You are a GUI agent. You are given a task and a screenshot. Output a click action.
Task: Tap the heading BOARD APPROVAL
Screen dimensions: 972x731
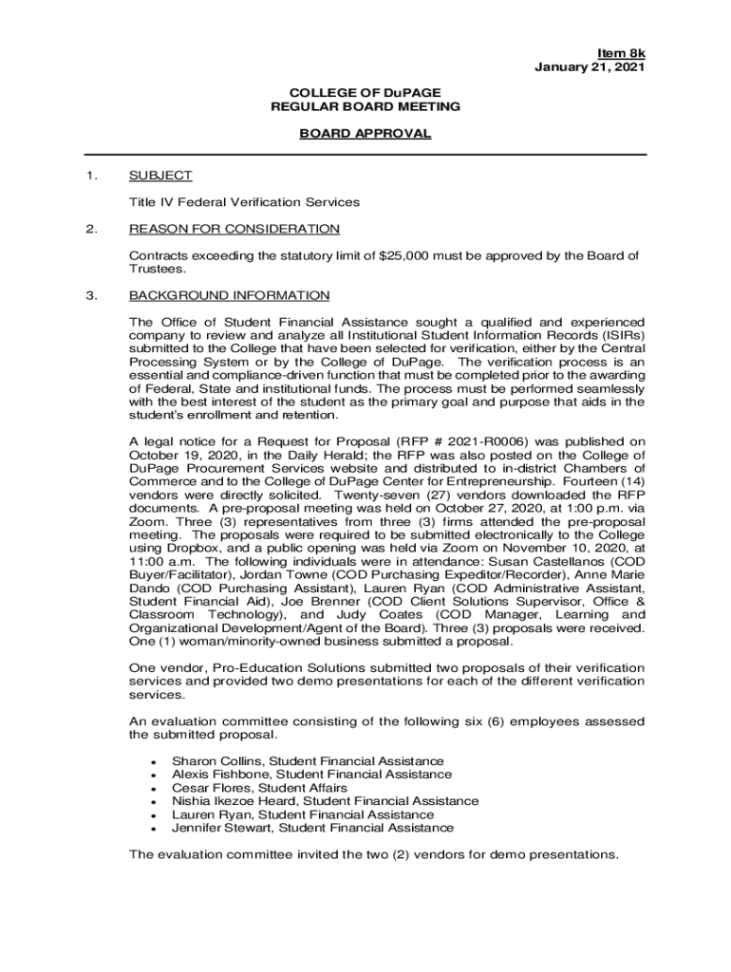(x=365, y=134)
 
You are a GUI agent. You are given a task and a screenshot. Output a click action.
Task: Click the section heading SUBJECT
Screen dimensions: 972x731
(x=160, y=176)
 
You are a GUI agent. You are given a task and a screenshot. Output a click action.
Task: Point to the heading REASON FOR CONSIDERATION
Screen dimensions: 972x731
(x=234, y=229)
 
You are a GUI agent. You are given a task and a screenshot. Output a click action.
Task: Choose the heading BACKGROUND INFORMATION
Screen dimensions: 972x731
(x=229, y=295)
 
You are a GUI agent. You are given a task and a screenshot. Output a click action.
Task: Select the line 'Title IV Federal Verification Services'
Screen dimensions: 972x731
(x=245, y=202)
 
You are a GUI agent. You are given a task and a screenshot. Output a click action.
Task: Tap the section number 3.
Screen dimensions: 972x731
(x=91, y=295)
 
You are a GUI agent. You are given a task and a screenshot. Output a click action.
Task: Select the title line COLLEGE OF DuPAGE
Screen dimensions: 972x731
(x=365, y=93)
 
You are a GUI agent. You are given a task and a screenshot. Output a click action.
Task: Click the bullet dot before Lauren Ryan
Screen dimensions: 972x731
(x=153, y=815)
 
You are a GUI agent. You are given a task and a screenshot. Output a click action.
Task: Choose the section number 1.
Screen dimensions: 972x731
(x=91, y=176)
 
